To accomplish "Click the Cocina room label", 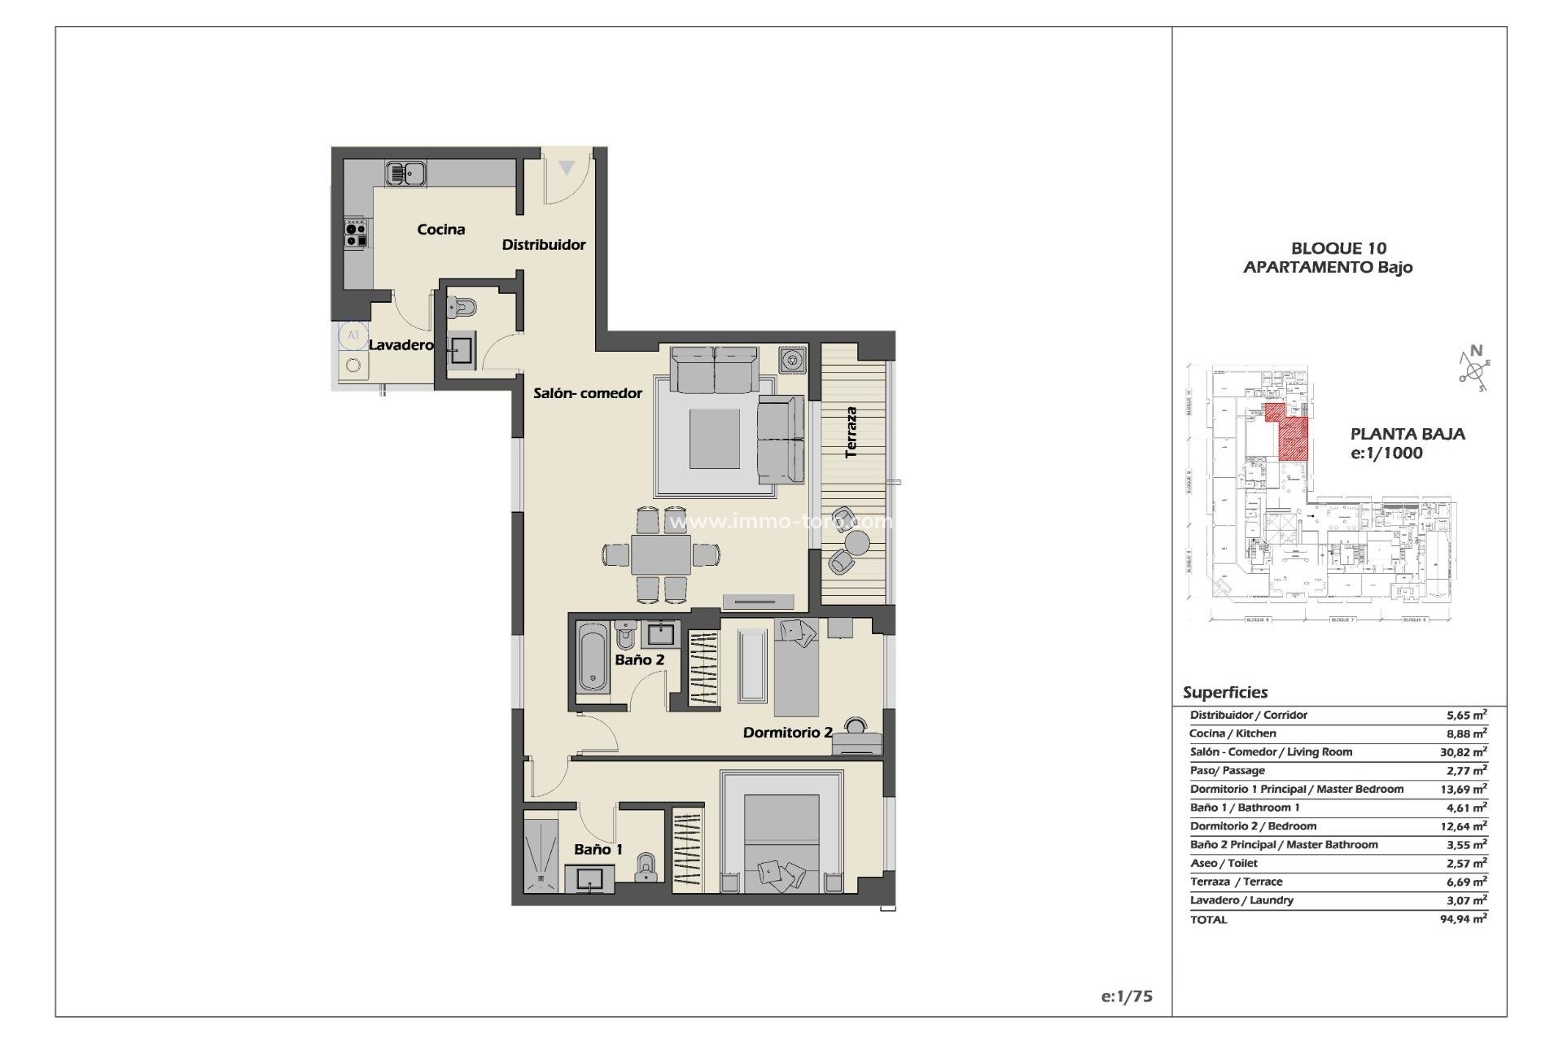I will (441, 230).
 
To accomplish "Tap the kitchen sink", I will (406, 173).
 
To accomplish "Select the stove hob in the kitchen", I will (355, 231).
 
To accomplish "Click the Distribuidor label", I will (543, 245).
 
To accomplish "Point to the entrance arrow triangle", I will (567, 169).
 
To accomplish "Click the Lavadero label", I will (401, 345).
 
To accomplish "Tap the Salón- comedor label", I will (588, 393).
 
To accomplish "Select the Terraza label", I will (852, 432).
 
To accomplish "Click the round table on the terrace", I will (856, 541).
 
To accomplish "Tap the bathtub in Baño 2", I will (593, 658).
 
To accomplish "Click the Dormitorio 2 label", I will (787, 733).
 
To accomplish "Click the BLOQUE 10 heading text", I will (1338, 248).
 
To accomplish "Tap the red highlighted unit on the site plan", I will (1291, 436).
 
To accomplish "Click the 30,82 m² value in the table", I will (1463, 752).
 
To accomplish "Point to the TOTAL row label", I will (1208, 919).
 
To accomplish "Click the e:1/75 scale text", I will (1126, 996).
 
